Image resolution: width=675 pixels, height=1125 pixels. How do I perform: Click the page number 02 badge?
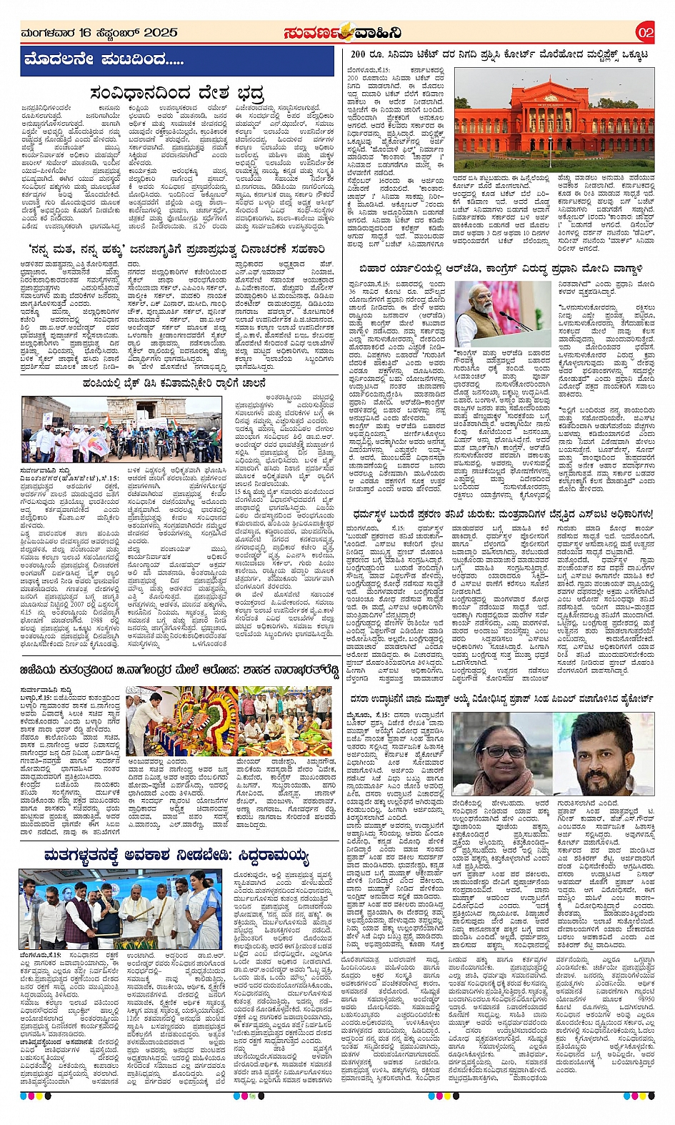pyautogui.click(x=645, y=33)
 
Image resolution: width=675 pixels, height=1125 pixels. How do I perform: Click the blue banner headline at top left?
pyautogui.click(x=104, y=59)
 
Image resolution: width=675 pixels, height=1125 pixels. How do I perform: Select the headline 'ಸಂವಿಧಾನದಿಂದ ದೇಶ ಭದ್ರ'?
pyautogui.click(x=177, y=94)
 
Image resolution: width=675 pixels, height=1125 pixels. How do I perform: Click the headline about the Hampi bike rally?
pyautogui.click(x=174, y=384)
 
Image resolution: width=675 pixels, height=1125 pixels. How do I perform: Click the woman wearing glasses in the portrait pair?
pyautogui.click(x=512, y=752)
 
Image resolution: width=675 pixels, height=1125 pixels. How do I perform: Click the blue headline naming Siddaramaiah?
pyautogui.click(x=176, y=856)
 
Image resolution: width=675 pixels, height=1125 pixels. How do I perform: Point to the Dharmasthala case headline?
pyautogui.click(x=501, y=514)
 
